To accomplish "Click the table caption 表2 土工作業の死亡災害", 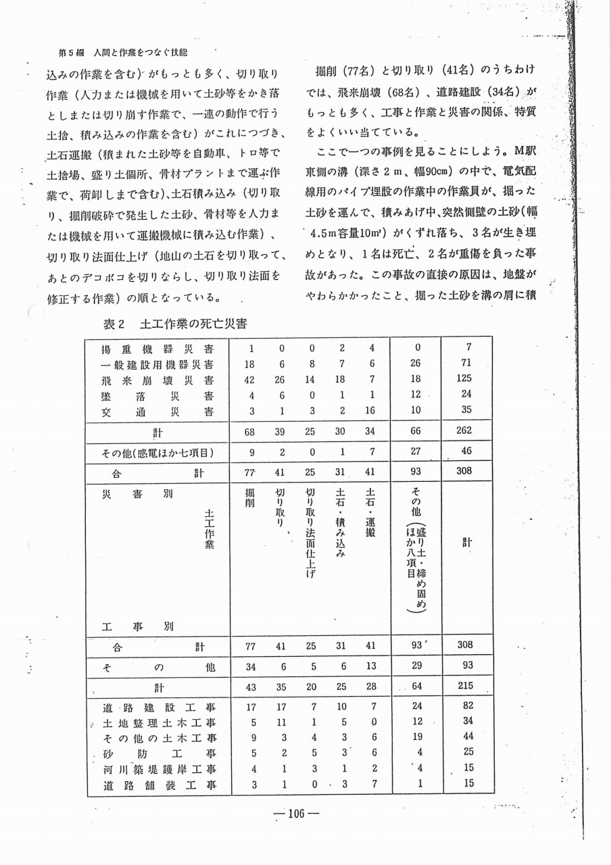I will point(174,324).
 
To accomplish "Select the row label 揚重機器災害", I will point(158,349).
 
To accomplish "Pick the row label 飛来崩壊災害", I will point(158,378).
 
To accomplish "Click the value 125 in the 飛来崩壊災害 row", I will point(464,378).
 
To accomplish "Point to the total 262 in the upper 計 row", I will point(464,430).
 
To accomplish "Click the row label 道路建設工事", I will point(158,708).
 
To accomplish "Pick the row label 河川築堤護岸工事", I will point(158,769).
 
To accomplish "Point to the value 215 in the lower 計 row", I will point(464,689).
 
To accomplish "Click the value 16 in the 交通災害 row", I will point(370,409).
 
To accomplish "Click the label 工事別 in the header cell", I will point(138,626).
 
